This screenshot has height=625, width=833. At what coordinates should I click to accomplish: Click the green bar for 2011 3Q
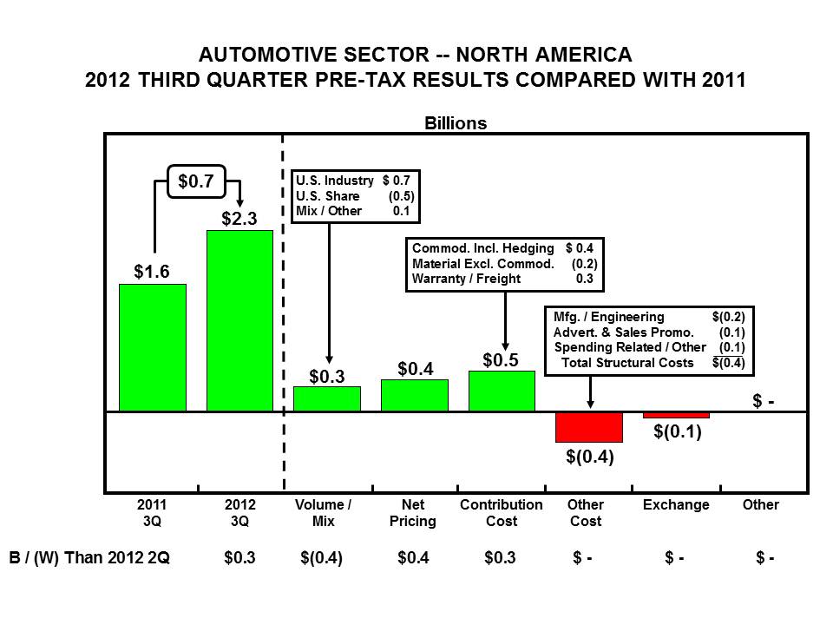(x=153, y=347)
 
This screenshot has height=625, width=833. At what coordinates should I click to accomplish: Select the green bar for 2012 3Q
(x=239, y=320)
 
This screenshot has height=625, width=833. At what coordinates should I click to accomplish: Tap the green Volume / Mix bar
(x=327, y=398)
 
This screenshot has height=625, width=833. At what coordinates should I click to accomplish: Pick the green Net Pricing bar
(x=415, y=395)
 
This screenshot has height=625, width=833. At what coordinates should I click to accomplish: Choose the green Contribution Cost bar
(x=502, y=391)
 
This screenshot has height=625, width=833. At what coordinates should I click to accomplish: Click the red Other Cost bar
(x=589, y=427)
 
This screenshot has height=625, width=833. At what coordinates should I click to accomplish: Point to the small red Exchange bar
(x=676, y=415)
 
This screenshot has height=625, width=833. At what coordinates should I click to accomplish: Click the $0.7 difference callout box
(x=196, y=181)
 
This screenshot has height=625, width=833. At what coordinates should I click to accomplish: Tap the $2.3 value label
(x=239, y=219)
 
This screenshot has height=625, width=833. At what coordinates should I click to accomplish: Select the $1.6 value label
(x=152, y=272)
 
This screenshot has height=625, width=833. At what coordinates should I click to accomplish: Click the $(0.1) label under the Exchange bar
(x=677, y=431)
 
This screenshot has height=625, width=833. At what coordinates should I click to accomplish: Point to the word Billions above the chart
(x=456, y=123)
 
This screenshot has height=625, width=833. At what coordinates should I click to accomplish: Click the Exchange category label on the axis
(x=676, y=505)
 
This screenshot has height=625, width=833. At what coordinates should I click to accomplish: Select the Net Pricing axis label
(x=414, y=513)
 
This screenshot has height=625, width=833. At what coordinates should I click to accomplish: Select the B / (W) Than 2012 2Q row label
(x=90, y=558)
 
